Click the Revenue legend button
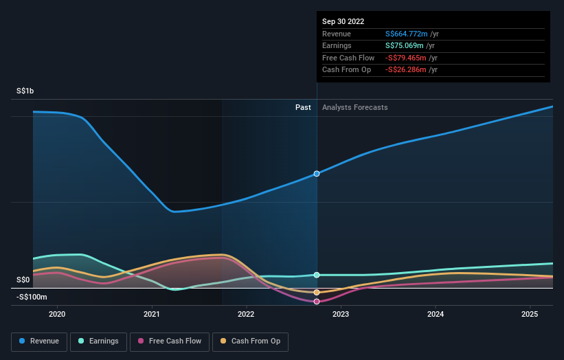pyautogui.click(x=40, y=341)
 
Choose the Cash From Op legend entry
pyautogui.click(x=251, y=341)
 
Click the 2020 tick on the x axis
pyautogui.click(x=57, y=314)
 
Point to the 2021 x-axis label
pyautogui.click(x=152, y=314)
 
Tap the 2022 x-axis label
pyautogui.click(x=246, y=314)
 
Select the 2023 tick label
pyautogui.click(x=341, y=314)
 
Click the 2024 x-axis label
pyautogui.click(x=436, y=314)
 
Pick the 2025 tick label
pyautogui.click(x=530, y=314)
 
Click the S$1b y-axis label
pyautogui.click(x=27, y=91)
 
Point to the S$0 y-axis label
pyautogui.click(x=23, y=280)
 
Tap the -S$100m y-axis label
pyautogui.click(x=32, y=297)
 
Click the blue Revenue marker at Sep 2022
pyautogui.click(x=317, y=174)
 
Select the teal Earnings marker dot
pyautogui.click(x=317, y=275)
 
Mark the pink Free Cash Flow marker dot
pyautogui.click(x=317, y=302)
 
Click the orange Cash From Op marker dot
pyautogui.click(x=317, y=292)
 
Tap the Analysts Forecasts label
pyautogui.click(x=354, y=108)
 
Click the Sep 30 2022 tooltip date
pyautogui.click(x=344, y=21)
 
